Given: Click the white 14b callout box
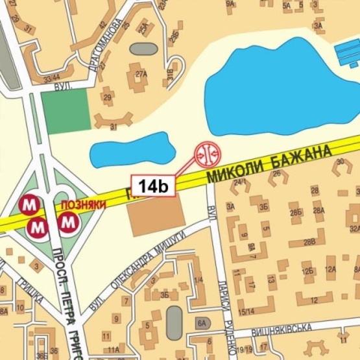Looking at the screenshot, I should pos(153,186).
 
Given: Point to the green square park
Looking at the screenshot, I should pos(65,111).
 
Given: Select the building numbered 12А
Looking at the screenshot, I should pos(330,269).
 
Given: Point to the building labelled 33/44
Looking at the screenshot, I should pos(51,79).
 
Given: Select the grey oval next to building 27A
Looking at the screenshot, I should pos(143,49).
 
